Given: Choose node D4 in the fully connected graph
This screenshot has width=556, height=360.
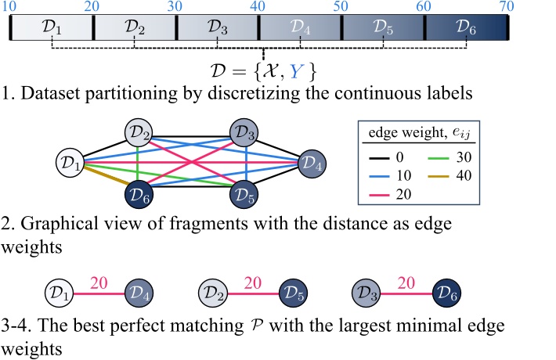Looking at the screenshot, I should click(309, 164).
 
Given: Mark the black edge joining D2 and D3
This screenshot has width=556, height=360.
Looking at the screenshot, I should click(190, 127).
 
